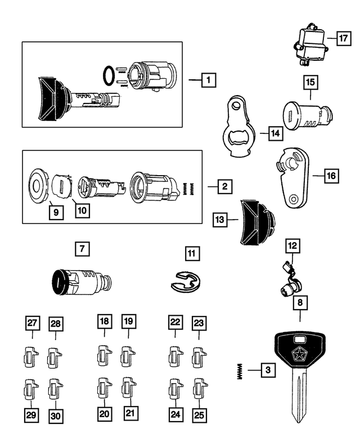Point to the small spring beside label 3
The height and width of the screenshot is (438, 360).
240,370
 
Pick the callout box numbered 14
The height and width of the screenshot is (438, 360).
274,133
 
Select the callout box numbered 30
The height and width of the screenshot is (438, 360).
56,415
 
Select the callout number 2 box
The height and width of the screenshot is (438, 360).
224,185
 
